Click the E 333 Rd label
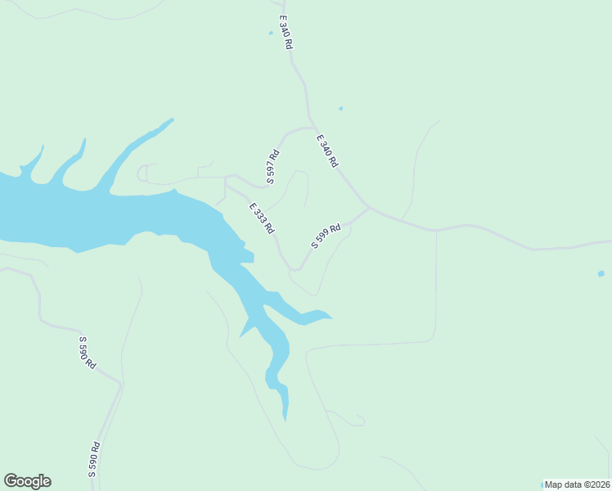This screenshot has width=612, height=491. pos(262,218)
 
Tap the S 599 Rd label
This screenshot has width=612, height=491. pos(326,236)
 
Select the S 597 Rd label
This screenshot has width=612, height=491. pos(272,166)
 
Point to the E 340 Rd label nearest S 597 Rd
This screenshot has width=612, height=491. pos(326,151)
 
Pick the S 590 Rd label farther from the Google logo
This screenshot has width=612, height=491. pos(87,352)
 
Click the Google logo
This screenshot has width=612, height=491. pos(27,481)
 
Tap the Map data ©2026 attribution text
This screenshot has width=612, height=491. pos(577,484)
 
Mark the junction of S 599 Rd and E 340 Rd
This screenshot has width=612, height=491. pos(369,208)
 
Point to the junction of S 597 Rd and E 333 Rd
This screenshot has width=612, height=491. pos(236,175)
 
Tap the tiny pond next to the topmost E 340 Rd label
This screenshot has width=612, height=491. pos(271,34)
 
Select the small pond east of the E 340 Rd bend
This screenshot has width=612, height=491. pos(340,108)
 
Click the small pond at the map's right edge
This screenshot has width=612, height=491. pos(601,273)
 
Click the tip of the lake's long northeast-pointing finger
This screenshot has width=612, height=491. pos(172,119)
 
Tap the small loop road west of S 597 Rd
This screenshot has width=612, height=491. pos(142,172)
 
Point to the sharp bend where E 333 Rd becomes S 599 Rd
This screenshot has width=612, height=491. pos(294,268)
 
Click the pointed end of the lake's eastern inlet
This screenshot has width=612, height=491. pos(331,318)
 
